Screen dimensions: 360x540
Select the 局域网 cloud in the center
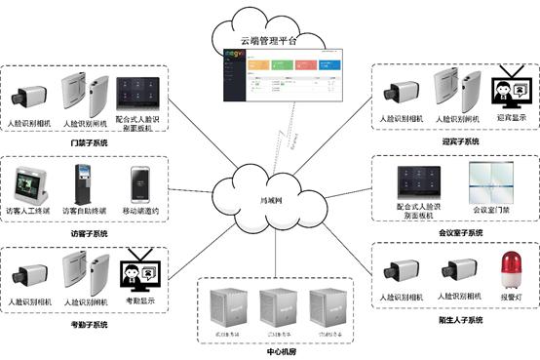[x=269, y=200]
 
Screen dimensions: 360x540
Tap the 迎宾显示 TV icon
[x=507, y=91]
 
